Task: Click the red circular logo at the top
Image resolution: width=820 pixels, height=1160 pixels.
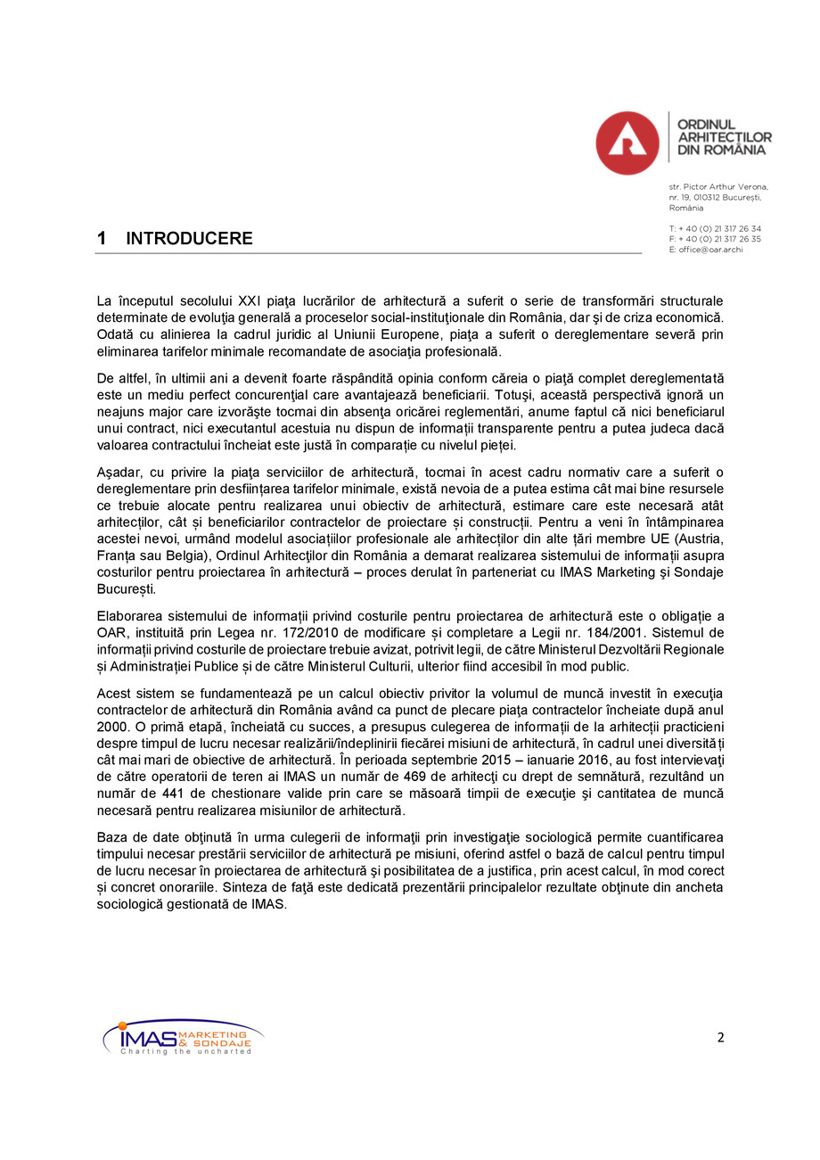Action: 627,143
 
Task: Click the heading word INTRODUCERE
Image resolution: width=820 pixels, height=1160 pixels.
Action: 189,239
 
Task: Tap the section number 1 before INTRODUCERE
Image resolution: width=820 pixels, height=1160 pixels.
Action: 102,239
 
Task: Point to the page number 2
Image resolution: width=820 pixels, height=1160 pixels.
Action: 720,1037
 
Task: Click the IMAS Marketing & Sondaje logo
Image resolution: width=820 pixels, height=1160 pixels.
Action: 183,1038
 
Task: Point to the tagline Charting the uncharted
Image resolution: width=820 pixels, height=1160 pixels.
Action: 185,1052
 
